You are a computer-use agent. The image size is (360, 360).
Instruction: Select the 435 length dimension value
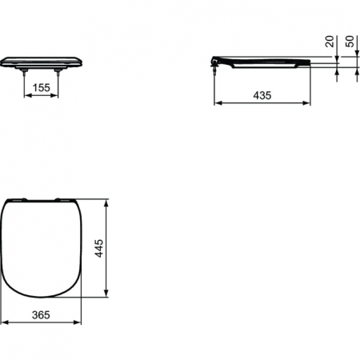pos(262,95)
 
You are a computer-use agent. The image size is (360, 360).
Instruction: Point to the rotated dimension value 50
pos(350,42)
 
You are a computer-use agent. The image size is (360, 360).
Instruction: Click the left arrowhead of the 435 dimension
pos(217,102)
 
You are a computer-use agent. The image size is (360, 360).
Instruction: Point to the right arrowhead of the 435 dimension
pos(308,102)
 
